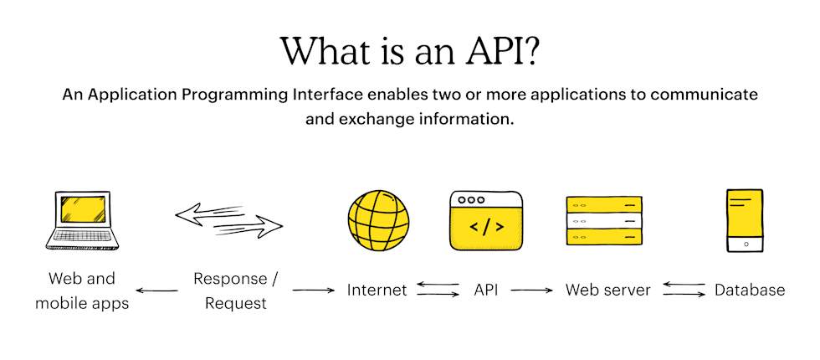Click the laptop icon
click(x=81, y=220)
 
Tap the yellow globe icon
click(x=378, y=220)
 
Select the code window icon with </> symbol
click(x=485, y=221)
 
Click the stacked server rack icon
click(x=604, y=220)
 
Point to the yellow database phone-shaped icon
click(x=744, y=220)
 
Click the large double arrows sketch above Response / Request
click(x=229, y=219)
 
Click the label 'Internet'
click(x=377, y=291)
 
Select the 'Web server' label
click(x=607, y=291)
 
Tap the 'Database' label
click(x=749, y=291)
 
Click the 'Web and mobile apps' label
click(x=82, y=291)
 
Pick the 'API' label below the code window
click(x=485, y=291)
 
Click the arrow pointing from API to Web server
click(x=532, y=291)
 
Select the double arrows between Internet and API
click(x=438, y=291)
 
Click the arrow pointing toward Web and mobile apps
click(x=156, y=291)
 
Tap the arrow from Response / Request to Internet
click(x=313, y=291)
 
